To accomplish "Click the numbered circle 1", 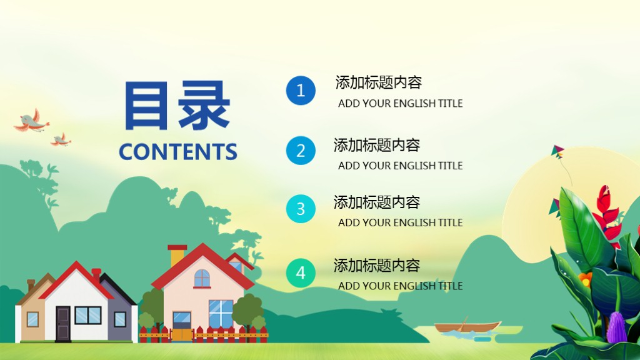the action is click(x=301, y=90).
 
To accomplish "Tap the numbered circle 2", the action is click(x=301, y=151).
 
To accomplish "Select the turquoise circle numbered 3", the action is click(x=301, y=209).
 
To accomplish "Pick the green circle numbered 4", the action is click(x=301, y=272).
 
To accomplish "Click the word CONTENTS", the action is click(x=178, y=152).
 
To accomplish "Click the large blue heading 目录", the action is click(x=177, y=105).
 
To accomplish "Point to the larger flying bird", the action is click(x=31, y=122).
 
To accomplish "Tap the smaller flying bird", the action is click(x=61, y=139).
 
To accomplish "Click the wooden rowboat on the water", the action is click(x=467, y=326).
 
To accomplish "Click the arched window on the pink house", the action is click(x=202, y=279).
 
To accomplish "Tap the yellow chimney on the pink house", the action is click(x=177, y=255).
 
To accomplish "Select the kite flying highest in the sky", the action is click(x=557, y=151).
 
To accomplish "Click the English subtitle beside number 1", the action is click(x=400, y=104).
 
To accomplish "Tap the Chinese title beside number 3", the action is click(x=377, y=202).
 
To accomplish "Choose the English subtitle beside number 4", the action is click(x=400, y=286).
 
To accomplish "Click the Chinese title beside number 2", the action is click(x=377, y=145).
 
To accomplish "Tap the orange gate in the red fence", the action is click(x=182, y=335).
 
